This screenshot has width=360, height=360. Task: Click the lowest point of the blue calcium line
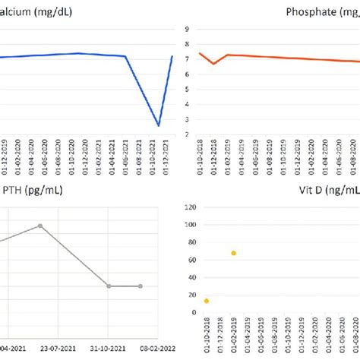point(158,125)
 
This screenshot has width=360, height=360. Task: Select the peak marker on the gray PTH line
point(41,226)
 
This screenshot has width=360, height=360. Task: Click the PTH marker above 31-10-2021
point(109,286)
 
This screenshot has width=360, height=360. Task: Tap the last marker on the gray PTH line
point(140,286)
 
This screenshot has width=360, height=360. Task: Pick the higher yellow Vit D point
point(233,253)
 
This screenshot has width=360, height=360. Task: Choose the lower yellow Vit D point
point(206,301)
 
